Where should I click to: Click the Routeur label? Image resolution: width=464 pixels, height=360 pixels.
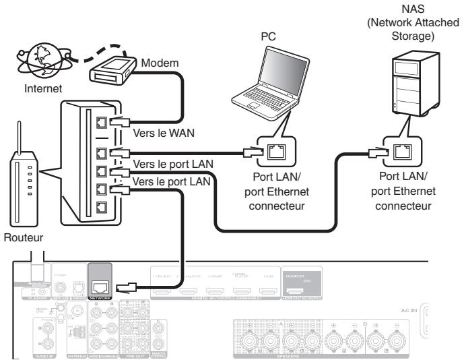(22, 238)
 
